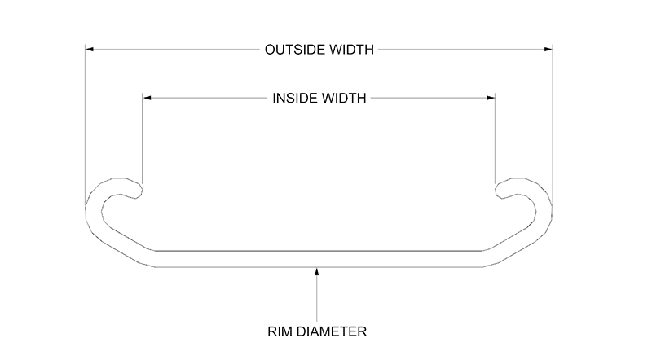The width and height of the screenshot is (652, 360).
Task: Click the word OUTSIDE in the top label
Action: click(x=291, y=50)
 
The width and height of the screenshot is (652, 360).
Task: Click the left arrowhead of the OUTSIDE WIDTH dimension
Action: click(x=90, y=50)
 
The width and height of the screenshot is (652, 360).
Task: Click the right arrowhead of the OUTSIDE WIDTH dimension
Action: click(x=548, y=50)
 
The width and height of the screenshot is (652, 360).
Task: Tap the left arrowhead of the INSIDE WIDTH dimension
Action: click(x=148, y=98)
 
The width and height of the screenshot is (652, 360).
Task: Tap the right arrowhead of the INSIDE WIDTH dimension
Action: click(x=491, y=98)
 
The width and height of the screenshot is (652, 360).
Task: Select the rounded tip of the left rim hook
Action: click(x=140, y=190)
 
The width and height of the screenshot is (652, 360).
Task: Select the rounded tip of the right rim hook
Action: click(x=498, y=190)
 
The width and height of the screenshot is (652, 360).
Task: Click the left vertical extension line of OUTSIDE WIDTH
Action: click(x=86, y=122)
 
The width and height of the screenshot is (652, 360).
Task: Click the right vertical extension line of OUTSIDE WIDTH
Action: click(x=553, y=122)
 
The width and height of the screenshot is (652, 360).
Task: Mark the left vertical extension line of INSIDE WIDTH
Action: click(x=143, y=138)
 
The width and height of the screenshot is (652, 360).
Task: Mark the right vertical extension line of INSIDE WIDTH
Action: click(x=496, y=138)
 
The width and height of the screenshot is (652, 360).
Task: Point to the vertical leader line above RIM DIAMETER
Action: click(x=317, y=297)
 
